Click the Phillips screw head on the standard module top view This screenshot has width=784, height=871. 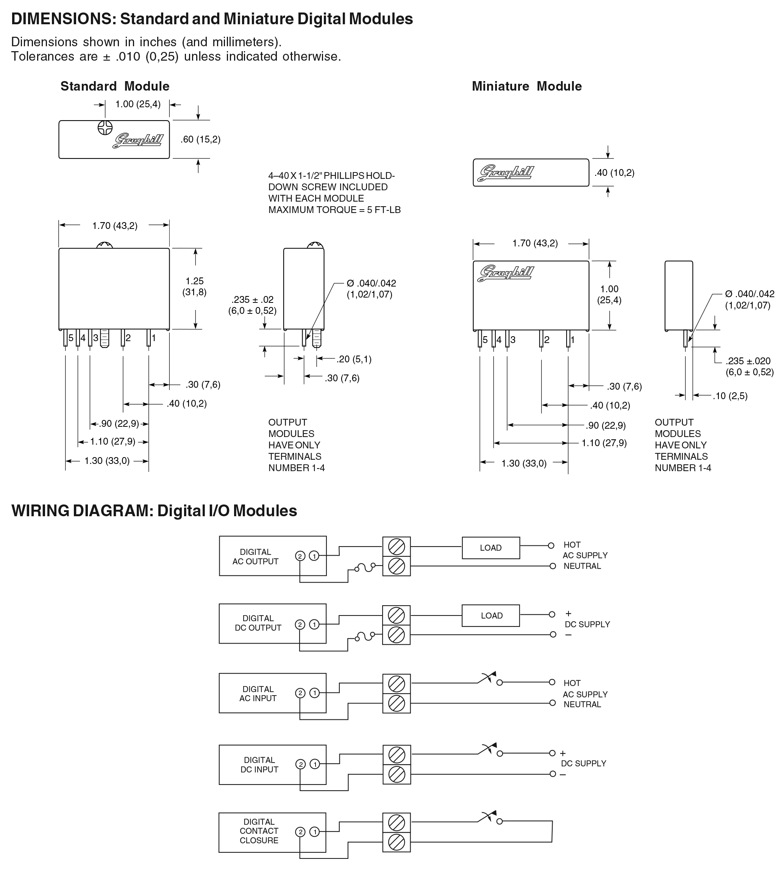105,128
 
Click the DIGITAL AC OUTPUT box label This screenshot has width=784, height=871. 255,556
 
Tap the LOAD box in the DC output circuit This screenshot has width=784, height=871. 490,616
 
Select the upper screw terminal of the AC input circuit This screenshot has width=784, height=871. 396,683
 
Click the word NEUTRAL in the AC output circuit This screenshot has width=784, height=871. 582,566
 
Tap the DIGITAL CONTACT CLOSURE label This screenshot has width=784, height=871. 259,831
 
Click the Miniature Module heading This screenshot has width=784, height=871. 527,86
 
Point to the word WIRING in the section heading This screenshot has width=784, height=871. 40,511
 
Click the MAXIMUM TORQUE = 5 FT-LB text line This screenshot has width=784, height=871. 334,210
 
